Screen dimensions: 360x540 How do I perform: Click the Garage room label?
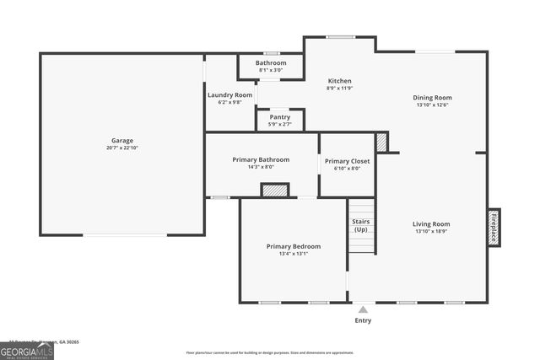[122, 141]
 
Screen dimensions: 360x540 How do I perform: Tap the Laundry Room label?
[229, 95]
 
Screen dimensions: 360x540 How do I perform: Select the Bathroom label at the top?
[271, 63]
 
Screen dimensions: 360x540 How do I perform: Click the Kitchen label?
[339, 81]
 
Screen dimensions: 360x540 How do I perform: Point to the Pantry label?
[279, 117]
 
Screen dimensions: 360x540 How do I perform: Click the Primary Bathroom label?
[262, 159]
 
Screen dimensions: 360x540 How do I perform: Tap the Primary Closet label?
[347, 161]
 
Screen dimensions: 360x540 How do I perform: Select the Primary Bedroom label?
[293, 246]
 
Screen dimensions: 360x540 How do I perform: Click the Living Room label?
[431, 224]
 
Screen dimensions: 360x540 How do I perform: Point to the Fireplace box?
[493, 227]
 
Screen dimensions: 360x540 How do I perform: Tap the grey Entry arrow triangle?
[363, 310]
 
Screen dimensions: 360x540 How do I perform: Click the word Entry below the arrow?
[363, 320]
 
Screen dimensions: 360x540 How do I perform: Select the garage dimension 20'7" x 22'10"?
[122, 148]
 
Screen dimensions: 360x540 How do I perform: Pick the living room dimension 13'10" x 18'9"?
[431, 232]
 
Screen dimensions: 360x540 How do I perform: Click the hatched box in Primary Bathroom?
[274, 191]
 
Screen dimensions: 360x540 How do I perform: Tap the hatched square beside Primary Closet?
[381, 142]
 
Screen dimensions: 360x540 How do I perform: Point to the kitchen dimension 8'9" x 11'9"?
[339, 89]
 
